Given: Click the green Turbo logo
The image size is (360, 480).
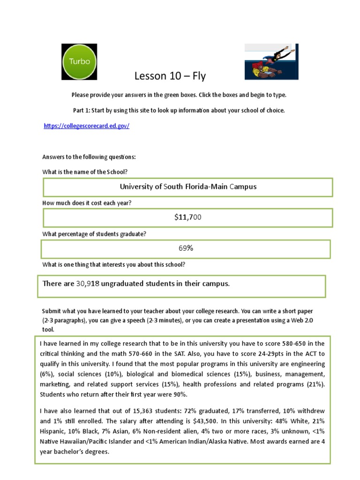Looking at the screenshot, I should pos(79,61).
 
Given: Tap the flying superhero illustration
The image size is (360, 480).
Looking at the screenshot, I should pos(271,61).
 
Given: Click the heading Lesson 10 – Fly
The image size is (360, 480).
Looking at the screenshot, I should pos(170,76).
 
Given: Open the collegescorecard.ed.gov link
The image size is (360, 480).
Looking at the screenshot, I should pos(86,126).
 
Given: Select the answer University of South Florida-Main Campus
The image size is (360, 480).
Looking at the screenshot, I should pos(188,187).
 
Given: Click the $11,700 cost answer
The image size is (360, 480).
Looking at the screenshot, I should pos(188,217).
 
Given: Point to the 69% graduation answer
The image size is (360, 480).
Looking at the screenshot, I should pos(186,248).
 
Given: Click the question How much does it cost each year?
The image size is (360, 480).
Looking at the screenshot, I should pos(87,203).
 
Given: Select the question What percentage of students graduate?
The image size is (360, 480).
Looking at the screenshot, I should pos(94,234).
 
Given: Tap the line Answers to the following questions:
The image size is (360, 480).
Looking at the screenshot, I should pos(89,157).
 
